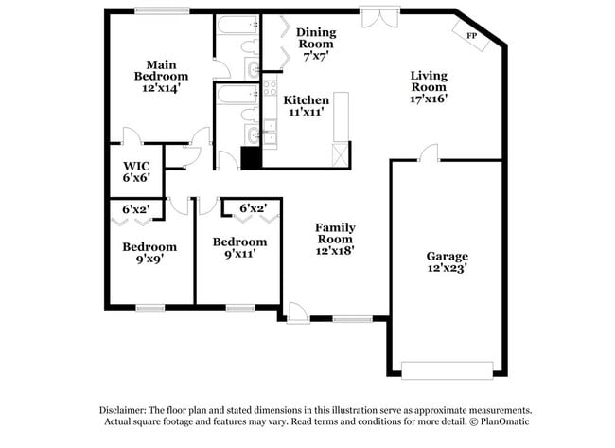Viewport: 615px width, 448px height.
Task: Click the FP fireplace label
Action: point(470,36)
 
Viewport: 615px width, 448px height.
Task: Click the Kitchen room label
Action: point(307,99)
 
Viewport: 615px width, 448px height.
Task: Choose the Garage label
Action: point(447,256)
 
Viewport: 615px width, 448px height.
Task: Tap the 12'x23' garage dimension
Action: point(447,269)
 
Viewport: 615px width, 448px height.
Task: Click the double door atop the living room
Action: point(373,18)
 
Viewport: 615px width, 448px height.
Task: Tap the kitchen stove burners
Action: point(269,91)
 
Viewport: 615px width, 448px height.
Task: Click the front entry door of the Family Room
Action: point(297,314)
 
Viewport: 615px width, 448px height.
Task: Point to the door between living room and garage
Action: point(430,153)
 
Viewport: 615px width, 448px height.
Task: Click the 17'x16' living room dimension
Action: point(429,97)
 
